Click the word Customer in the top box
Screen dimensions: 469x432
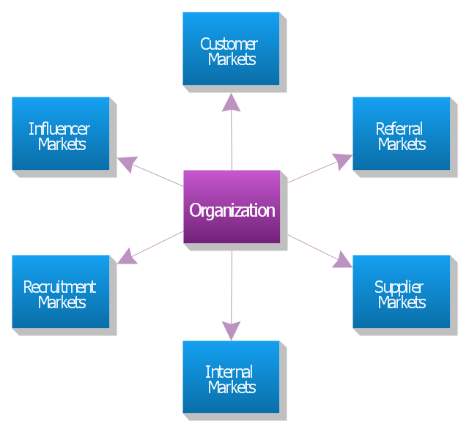[229, 44]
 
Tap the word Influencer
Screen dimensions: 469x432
[59, 129]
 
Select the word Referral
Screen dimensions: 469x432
[399, 129]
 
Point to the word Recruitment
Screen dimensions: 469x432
[59, 287]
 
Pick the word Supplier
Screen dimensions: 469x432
[399, 288]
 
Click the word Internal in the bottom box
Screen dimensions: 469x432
[229, 372]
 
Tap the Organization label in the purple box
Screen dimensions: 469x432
[232, 211]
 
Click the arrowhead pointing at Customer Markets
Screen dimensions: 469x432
[231, 103]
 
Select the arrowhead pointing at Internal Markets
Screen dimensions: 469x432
[232, 331]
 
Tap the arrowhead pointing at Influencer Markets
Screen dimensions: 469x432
[128, 164]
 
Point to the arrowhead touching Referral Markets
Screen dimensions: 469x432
[342, 162]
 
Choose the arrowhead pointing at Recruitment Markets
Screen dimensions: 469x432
[128, 256]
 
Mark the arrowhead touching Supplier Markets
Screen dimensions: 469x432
[342, 260]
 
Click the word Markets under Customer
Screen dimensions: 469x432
[232, 59]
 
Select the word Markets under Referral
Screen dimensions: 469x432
[402, 144]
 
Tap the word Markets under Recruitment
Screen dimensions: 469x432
[62, 302]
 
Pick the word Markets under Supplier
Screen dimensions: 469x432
[402, 302]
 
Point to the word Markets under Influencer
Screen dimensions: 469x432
[62, 144]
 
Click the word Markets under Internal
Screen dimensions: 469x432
[232, 387]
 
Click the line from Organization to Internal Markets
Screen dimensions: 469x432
[232, 287]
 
